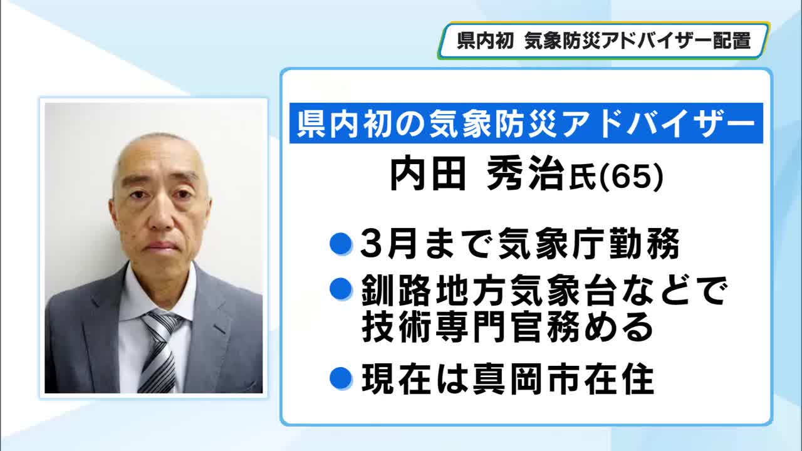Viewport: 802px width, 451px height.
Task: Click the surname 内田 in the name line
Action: (428, 174)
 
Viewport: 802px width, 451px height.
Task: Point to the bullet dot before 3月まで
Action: (340, 244)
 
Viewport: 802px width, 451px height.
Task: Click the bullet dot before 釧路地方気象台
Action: (340, 289)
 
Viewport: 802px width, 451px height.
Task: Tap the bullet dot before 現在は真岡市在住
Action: (340, 378)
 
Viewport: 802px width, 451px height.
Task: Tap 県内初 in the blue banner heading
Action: (343, 123)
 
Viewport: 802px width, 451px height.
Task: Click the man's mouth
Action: (162, 246)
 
